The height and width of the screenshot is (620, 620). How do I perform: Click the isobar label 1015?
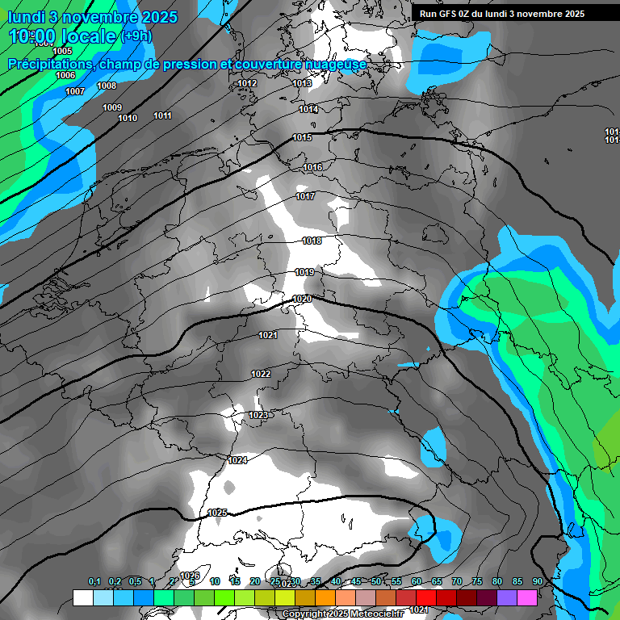click(302, 138)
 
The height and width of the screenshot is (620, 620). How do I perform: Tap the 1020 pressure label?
click(302, 299)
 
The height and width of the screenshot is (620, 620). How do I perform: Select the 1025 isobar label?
click(217, 513)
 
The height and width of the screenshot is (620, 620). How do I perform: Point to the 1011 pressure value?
click(162, 115)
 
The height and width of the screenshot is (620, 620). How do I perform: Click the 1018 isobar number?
click(312, 241)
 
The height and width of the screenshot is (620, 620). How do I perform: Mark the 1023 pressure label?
click(258, 415)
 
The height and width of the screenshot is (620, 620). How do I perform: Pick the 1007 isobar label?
click(75, 91)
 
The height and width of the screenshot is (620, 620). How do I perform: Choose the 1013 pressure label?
click(302, 83)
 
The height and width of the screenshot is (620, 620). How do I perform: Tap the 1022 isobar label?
click(261, 374)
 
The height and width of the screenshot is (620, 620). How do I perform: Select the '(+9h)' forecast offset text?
click(136, 36)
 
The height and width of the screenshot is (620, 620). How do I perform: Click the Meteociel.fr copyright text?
click(342, 614)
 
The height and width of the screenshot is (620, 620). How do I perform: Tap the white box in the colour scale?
click(82, 597)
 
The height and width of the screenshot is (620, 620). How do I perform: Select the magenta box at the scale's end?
click(527, 597)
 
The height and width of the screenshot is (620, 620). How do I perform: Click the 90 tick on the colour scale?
click(537, 581)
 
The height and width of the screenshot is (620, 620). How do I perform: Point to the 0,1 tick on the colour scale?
click(94, 581)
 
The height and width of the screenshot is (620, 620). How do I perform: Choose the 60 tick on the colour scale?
click(417, 581)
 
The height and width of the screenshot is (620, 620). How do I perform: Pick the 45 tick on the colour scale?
click(356, 581)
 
